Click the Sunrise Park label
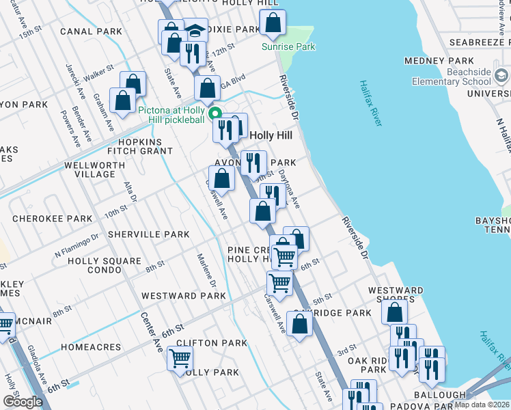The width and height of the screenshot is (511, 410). point(289,46)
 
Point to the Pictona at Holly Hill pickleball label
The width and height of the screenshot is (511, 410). point(171,114)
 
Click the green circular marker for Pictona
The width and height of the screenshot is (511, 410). point(215,114)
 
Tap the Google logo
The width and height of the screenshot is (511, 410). point(23,401)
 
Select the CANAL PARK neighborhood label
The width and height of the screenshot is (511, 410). point(91,31)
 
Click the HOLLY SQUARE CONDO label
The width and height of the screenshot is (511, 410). point(105,265)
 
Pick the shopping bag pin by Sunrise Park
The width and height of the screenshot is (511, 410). point(273,23)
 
